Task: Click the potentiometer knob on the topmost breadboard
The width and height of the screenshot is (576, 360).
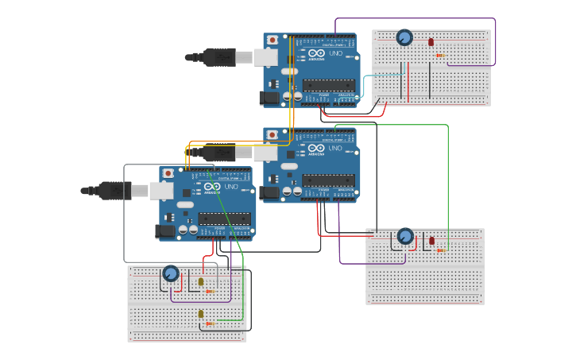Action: (x=404, y=37)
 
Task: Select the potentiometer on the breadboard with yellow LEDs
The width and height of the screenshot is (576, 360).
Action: (x=171, y=273)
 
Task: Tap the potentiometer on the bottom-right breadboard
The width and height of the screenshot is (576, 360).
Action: (x=405, y=236)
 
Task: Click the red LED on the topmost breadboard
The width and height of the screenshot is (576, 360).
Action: (x=431, y=42)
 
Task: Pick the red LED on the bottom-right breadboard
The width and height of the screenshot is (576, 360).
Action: (x=431, y=240)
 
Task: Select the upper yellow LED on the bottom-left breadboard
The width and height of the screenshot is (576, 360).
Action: (x=200, y=281)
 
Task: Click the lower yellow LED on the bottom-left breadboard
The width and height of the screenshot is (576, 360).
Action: (x=200, y=314)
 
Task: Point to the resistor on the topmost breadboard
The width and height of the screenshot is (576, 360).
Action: (x=439, y=55)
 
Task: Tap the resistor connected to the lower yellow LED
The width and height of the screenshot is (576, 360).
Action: (x=210, y=323)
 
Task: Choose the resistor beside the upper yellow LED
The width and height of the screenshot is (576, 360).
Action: (x=209, y=291)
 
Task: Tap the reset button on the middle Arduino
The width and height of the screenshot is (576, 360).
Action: (x=273, y=135)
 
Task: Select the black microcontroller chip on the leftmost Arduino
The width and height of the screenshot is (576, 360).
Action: (x=224, y=219)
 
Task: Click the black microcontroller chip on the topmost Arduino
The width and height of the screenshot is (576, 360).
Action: (x=328, y=84)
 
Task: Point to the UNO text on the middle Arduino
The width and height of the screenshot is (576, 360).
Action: (x=335, y=148)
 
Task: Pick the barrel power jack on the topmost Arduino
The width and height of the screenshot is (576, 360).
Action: (x=269, y=98)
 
